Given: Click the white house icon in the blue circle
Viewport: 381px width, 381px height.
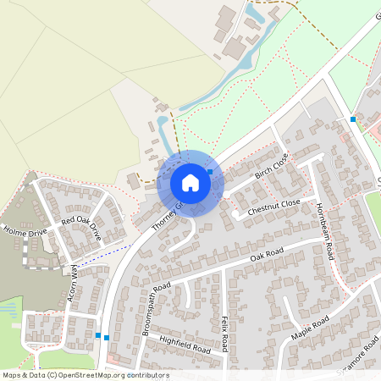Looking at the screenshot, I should coord(190,182).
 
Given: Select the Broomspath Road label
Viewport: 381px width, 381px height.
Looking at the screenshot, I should coord(157,309).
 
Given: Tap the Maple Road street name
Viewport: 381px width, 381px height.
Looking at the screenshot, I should coord(309,328).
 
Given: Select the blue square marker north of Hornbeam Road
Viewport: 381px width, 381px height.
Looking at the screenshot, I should coord(353,119).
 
